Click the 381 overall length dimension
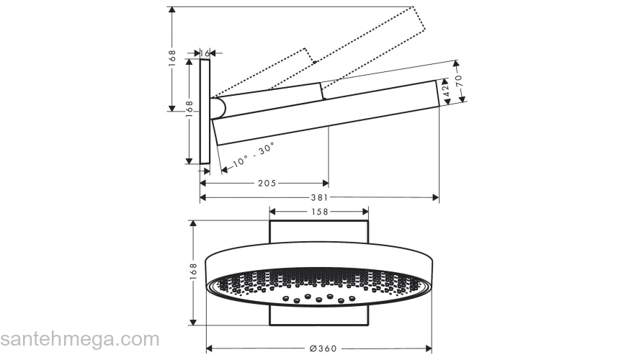[319, 197]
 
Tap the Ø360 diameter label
[319, 348]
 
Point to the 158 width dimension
[319, 212]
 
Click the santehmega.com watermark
[79, 339]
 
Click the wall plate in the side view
[205, 112]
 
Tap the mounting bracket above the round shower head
[319, 233]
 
